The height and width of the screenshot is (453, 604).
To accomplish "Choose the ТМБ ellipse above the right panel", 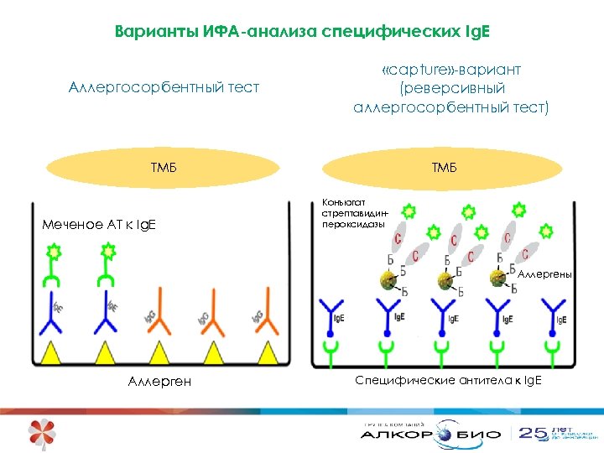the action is click(444, 168).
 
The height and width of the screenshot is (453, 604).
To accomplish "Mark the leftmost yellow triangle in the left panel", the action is click(50, 353).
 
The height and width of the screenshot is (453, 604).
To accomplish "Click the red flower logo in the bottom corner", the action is click(42, 433).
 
